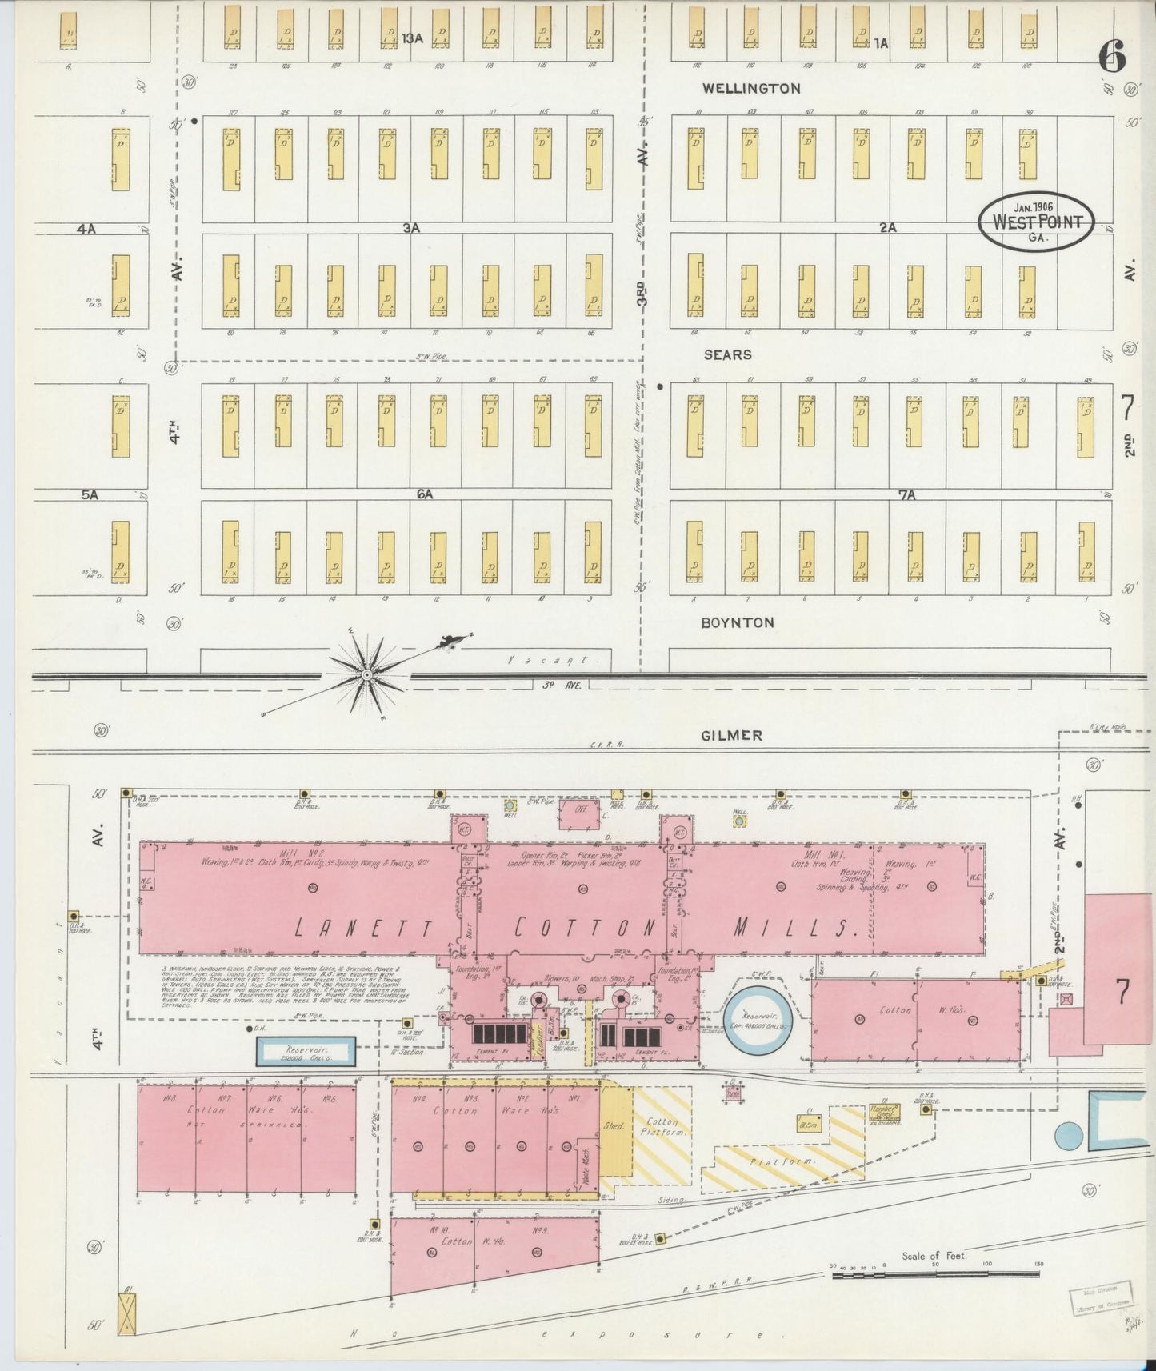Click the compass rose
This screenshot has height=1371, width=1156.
[x=366, y=675]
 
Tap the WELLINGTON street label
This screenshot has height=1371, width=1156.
[x=750, y=88]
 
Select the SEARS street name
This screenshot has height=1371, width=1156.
[x=727, y=354]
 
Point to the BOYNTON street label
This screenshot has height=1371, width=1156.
[x=737, y=622]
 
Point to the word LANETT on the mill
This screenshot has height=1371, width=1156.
[x=363, y=928]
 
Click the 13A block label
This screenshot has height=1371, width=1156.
[x=412, y=38]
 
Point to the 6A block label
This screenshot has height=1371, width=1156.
[x=424, y=494]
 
